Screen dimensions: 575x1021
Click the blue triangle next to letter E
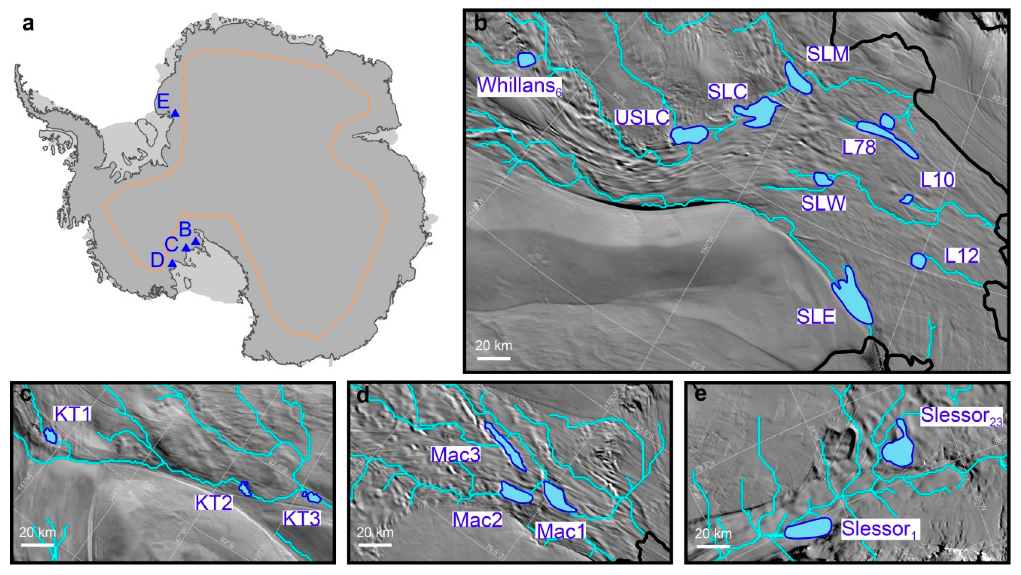pyautogui.click(x=175, y=114)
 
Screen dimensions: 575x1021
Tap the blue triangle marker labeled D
pyautogui.click(x=172, y=263)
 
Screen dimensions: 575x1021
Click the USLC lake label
pyautogui.click(x=642, y=117)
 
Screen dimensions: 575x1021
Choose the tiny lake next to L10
pyautogui.click(x=906, y=199)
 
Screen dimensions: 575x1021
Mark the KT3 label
pyautogui.click(x=302, y=518)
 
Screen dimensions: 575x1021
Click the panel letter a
pyautogui.click(x=28, y=25)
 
